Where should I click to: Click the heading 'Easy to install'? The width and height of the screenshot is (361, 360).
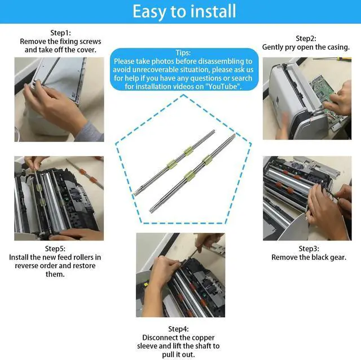click(x=184, y=11)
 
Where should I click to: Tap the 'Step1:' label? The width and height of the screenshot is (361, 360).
click(x=60, y=33)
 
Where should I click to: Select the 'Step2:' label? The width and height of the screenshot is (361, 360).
click(x=306, y=38)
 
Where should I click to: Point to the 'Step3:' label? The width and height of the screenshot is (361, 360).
click(x=309, y=248)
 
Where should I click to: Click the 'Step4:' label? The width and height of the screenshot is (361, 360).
click(x=178, y=329)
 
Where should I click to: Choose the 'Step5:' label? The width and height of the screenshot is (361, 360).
click(x=55, y=248)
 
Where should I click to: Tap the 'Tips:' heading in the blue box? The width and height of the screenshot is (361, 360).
click(x=183, y=52)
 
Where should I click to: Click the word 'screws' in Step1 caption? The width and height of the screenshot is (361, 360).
click(x=90, y=41)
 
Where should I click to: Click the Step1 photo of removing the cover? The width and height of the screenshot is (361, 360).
click(x=59, y=99)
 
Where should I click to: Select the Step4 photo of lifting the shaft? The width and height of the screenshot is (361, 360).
click(x=180, y=275)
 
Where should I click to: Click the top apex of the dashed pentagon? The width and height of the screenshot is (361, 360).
click(x=183, y=95)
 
